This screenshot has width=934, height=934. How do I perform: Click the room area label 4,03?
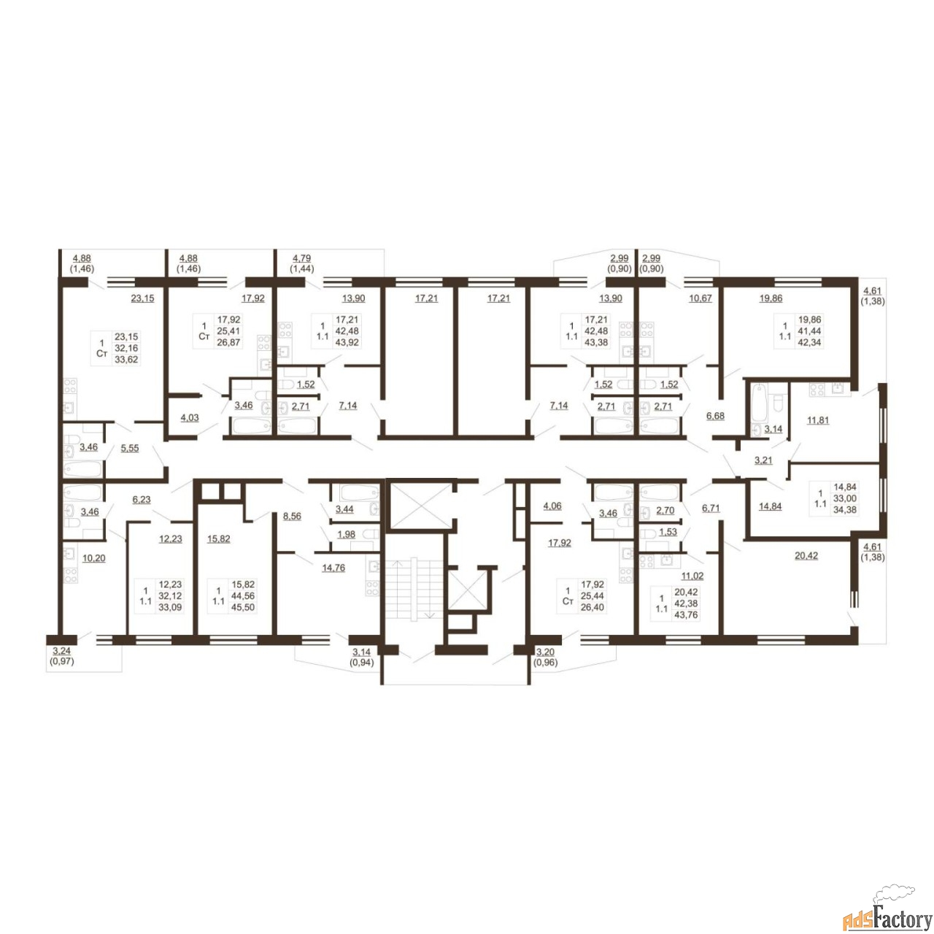pyautogui.click(x=190, y=418)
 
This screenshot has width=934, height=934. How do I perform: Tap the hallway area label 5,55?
pyautogui.click(x=129, y=448)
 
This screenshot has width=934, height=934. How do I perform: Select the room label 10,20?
pyautogui.click(x=93, y=558)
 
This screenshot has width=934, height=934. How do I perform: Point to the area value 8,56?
pyautogui.click(x=292, y=517)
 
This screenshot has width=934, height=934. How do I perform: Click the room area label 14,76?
pyautogui.click(x=333, y=568)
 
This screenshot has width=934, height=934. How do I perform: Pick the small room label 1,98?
pyautogui.click(x=346, y=535)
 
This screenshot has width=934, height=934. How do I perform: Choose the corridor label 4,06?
pyautogui.click(x=552, y=506)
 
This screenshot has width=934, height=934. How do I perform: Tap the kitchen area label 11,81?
pyautogui.click(x=817, y=420)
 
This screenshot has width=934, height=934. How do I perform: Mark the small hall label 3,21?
pyautogui.click(x=763, y=460)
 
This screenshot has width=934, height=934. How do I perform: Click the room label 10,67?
pyautogui.click(x=700, y=298)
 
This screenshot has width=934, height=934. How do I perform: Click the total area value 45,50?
pyautogui.click(x=243, y=608)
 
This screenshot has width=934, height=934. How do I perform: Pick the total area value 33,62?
pyautogui.click(x=126, y=360)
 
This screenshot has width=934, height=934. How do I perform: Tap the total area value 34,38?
pyautogui.click(x=845, y=510)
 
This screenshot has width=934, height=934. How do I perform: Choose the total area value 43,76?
pyautogui.click(x=686, y=616)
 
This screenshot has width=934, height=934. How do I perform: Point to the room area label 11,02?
pyautogui.click(x=692, y=576)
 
